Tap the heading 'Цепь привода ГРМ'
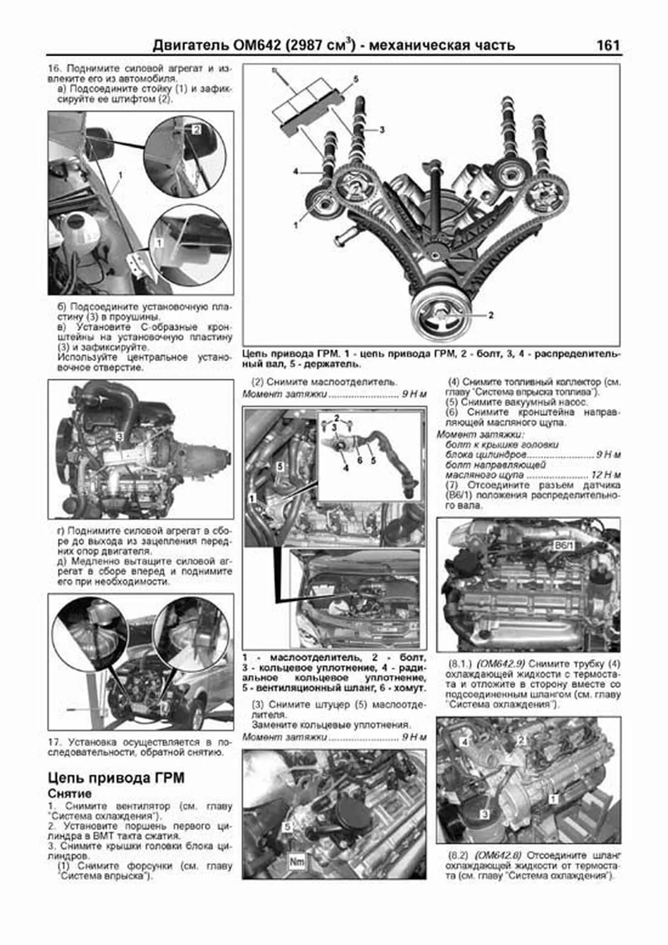pos(116,777)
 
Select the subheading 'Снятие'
pos(70,794)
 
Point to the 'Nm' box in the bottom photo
pos(297,862)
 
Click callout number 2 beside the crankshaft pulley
pos(490,315)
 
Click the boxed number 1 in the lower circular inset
pos(159,243)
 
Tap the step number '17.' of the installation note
pos(53,743)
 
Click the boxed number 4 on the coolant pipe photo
pos(465,742)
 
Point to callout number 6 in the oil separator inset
pos(360,461)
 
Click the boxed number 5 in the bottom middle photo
pos(287,828)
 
